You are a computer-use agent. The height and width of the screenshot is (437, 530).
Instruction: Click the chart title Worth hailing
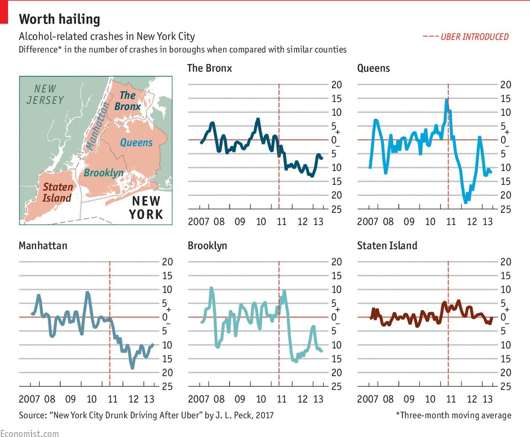(59, 19)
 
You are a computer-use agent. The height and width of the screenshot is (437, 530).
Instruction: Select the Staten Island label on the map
(57, 192)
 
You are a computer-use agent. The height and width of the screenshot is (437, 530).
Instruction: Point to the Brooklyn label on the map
(104, 173)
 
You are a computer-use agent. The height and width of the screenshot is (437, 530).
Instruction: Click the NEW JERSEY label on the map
(45, 95)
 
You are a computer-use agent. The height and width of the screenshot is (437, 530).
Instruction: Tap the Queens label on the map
(136, 143)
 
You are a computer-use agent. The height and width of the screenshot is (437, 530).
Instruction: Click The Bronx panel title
(209, 68)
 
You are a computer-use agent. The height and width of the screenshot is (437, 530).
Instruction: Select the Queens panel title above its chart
(373, 68)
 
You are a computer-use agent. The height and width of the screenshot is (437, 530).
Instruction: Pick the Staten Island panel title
(387, 245)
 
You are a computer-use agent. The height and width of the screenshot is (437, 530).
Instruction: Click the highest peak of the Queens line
(446, 100)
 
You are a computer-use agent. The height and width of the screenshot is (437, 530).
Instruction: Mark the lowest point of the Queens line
(465, 202)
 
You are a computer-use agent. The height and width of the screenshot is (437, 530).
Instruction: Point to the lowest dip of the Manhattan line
(132, 368)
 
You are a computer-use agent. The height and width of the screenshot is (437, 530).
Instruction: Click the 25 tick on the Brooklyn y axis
(337, 387)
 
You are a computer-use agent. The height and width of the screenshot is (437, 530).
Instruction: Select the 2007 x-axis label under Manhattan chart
(29, 398)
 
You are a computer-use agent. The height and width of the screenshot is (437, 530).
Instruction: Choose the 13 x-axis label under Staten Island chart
(488, 398)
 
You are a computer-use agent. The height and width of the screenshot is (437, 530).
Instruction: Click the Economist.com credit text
(29, 433)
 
